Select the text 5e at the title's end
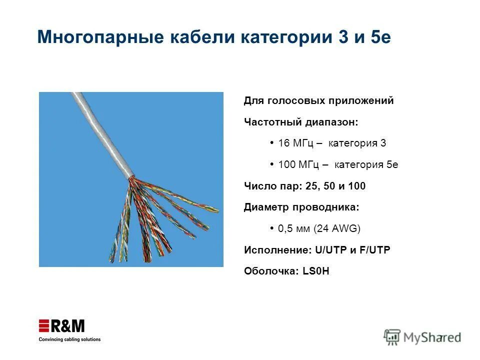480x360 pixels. [x=381, y=37]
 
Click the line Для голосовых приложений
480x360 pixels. [x=318, y=101]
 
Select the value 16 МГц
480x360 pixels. [x=295, y=143]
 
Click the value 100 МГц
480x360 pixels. [x=298, y=165]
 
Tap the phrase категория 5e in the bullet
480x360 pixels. [x=366, y=165]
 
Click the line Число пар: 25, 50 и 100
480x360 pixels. [x=304, y=186]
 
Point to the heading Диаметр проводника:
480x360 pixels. [x=301, y=207]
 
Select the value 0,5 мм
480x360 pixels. [x=294, y=228]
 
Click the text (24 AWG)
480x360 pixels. [x=336, y=228]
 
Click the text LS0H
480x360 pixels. [x=316, y=271]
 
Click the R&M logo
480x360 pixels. [x=62, y=326]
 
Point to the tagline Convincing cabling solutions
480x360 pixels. [x=69, y=339]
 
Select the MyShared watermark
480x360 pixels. [x=422, y=337]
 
